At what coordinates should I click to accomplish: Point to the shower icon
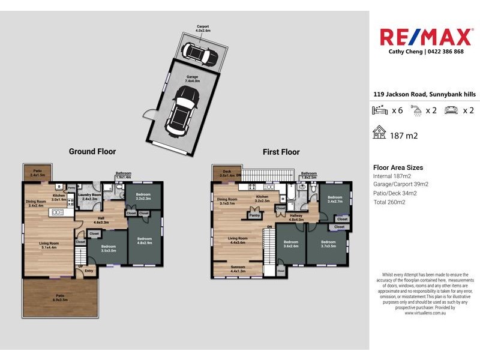coord(415,110)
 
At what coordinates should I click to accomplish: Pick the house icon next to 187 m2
coord(379,133)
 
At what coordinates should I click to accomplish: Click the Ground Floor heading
coord(92,152)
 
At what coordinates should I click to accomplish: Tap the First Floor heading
coord(281,152)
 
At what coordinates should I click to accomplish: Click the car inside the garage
coord(181,109)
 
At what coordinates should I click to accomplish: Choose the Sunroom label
coord(237,269)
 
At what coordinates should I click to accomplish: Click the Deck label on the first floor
coord(227,173)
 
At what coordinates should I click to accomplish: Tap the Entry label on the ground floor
coord(89,271)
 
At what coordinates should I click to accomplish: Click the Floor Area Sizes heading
coord(398,168)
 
